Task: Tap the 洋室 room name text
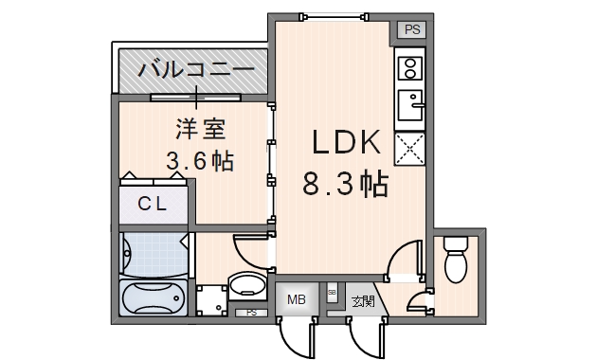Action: (200, 128)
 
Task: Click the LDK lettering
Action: (347, 145)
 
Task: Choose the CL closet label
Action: (154, 202)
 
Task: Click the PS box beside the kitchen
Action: (411, 29)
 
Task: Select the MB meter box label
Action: (296, 300)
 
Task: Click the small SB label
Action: (331, 295)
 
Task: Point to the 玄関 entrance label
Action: (362, 302)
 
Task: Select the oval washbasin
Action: (248, 286)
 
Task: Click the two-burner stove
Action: (411, 68)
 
